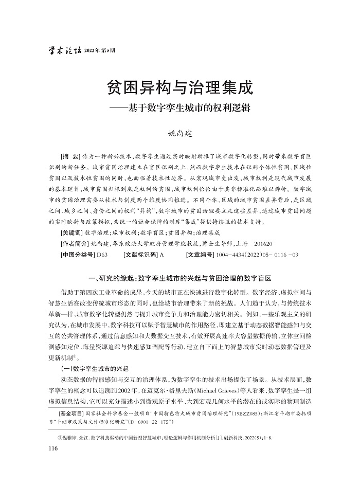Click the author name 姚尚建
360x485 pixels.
coord(180,133)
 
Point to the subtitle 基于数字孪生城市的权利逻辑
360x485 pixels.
coord(187,109)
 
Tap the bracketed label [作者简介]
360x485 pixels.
coord(74,243)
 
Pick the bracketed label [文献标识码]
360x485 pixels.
coord(141,254)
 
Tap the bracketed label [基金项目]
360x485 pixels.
coord(74,414)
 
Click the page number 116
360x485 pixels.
coord(51,449)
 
